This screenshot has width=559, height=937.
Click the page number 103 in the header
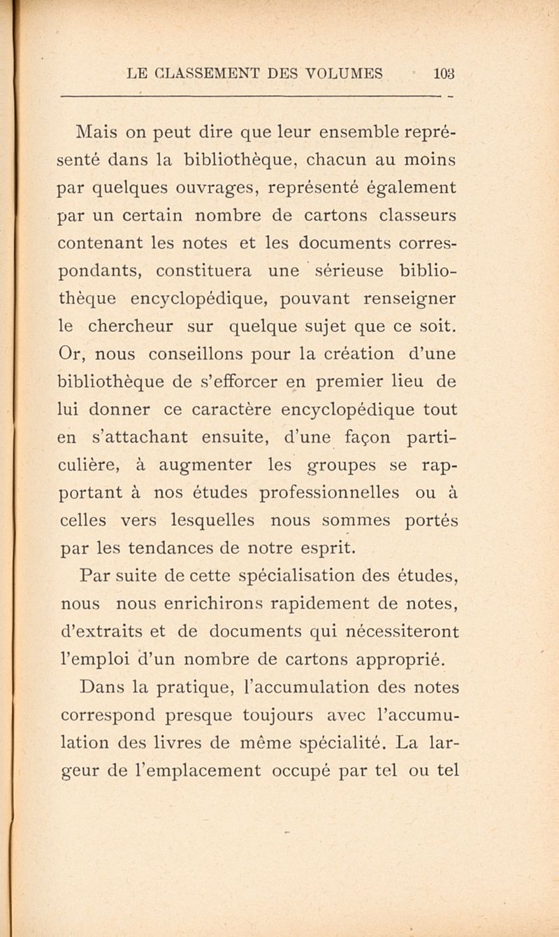tap(444, 72)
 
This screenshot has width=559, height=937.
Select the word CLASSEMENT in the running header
tap(212, 72)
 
